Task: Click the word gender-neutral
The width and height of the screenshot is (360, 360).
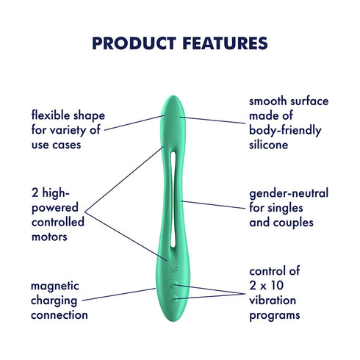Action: coord(289,193)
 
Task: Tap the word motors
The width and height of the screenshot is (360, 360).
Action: coord(50,237)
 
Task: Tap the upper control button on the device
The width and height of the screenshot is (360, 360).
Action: coord(174,284)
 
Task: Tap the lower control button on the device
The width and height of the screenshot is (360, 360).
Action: coord(174,299)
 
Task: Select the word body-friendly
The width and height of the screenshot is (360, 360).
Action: coord(287,131)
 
